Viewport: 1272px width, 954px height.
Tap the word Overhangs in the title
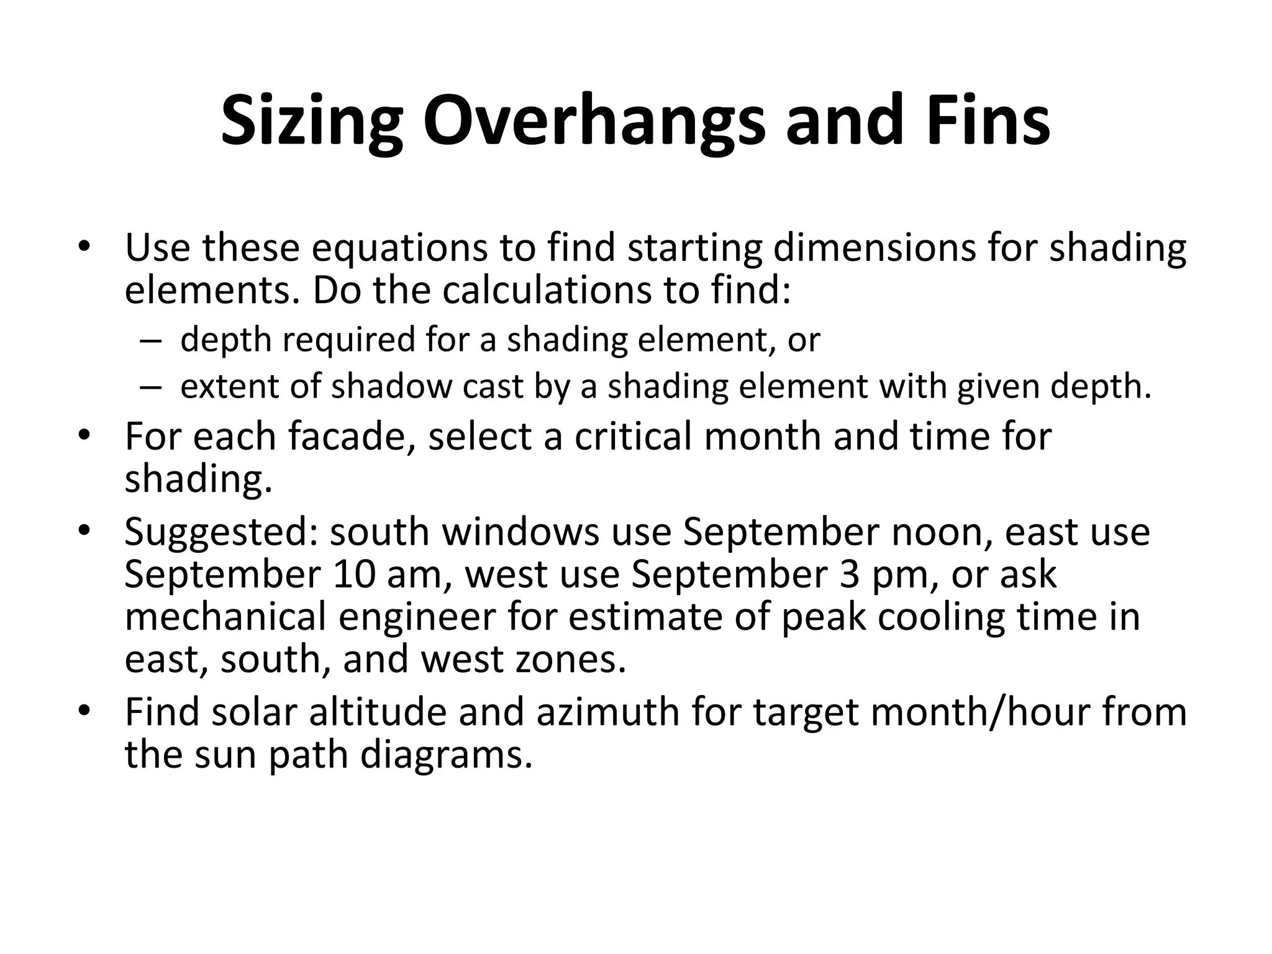[x=594, y=121]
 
